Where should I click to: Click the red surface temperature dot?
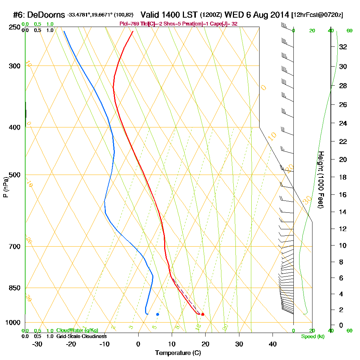pos(203,314)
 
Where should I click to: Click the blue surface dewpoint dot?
pos(158,314)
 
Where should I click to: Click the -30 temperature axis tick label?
pos(37,344)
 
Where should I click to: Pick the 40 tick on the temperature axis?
pos(273,344)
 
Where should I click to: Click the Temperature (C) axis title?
pos(178,353)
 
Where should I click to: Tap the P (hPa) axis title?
pos(5,187)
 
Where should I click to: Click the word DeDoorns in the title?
pos(46,15)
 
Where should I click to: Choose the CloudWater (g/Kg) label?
pos(77,330)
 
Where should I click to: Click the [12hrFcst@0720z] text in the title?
pos(318,15)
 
